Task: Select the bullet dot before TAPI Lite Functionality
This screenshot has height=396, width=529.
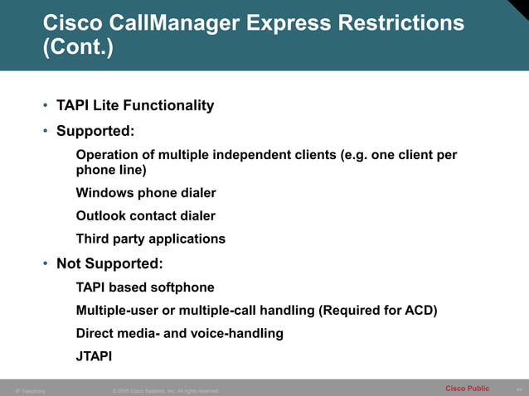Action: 46,106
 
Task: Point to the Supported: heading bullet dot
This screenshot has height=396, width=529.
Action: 46,132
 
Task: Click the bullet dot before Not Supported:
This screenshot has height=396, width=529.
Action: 46,264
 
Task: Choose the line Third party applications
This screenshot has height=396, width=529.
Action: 150,239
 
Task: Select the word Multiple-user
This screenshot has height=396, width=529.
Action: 119,311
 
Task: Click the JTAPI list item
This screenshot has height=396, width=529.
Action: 95,357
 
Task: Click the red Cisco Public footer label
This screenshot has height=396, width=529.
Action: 467,389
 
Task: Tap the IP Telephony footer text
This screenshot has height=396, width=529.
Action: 31,390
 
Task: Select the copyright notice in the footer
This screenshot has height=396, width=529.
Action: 165,390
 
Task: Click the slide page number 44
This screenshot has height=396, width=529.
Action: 519,389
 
